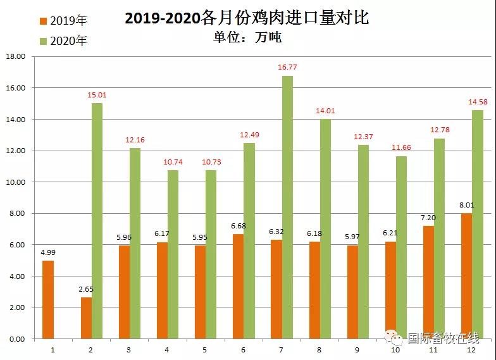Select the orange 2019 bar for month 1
coord(47,299)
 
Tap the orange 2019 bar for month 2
coord(85,318)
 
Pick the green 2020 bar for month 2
coord(97,221)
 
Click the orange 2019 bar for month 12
coord(466,276)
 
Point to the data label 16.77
coord(288,67)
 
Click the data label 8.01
coord(466,205)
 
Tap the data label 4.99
coord(47,252)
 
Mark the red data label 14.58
coord(478,101)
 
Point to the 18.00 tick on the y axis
coord(15,56)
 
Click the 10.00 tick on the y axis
coord(15,182)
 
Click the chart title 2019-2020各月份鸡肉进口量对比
coord(247,18)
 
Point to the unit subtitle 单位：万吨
coord(247,37)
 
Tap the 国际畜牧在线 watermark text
coord(442,338)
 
